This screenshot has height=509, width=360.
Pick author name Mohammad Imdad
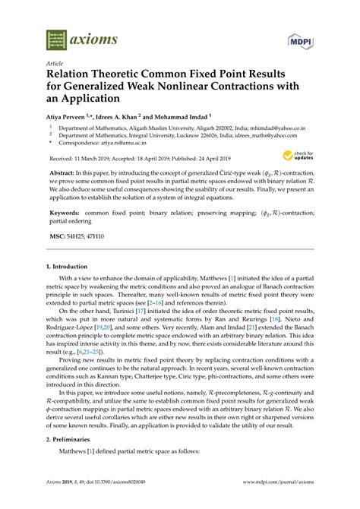(182, 118)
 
